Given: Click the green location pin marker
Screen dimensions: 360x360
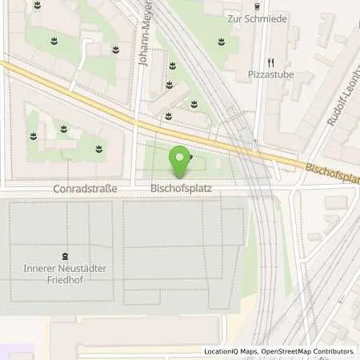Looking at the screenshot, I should tap(181, 160).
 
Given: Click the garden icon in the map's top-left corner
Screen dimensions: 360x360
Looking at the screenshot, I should tap(37, 7).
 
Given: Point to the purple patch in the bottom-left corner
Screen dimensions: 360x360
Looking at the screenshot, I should tap(16, 352).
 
